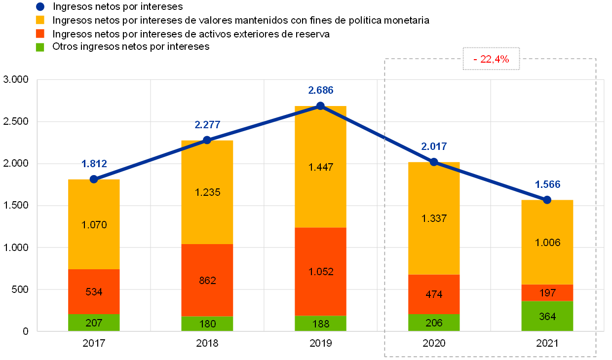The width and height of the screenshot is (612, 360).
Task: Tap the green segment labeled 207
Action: pos(94,323)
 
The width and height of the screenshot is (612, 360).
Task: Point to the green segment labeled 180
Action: pos(207,324)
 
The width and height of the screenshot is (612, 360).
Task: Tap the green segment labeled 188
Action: pos(320,324)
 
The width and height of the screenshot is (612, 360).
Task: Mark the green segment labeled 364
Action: pos(547,316)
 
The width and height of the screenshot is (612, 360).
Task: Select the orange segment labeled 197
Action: pos(547,293)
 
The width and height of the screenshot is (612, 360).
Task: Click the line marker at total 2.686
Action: pos(320,106)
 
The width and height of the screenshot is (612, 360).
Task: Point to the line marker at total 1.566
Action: pos(547,200)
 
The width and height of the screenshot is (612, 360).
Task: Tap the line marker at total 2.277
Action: pos(207,140)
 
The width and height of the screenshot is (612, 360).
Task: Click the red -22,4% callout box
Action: pos(491,59)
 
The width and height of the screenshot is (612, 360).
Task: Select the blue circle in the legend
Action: pos(40,6)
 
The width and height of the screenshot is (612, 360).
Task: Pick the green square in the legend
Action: pos(40,47)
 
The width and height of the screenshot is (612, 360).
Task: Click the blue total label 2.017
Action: pos(434,146)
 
